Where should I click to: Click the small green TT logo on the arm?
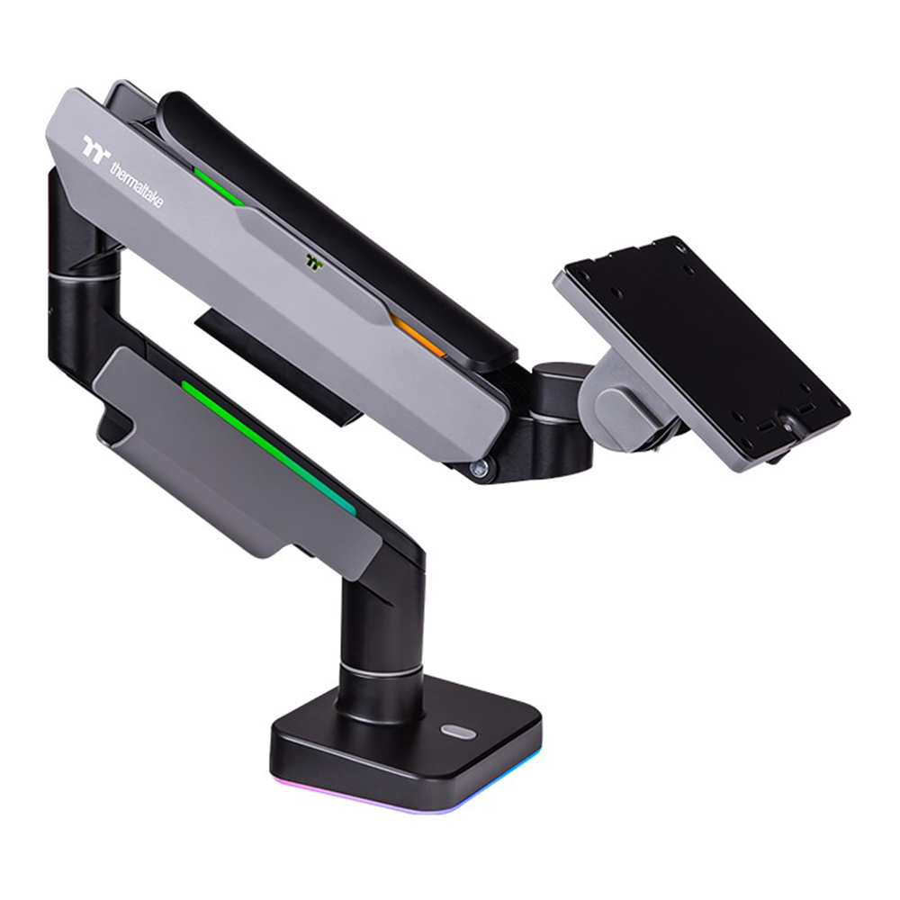[x=314, y=262]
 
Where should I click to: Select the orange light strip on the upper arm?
[x=418, y=336]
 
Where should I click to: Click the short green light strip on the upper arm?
[x=219, y=187]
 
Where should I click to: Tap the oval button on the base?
[x=458, y=732]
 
